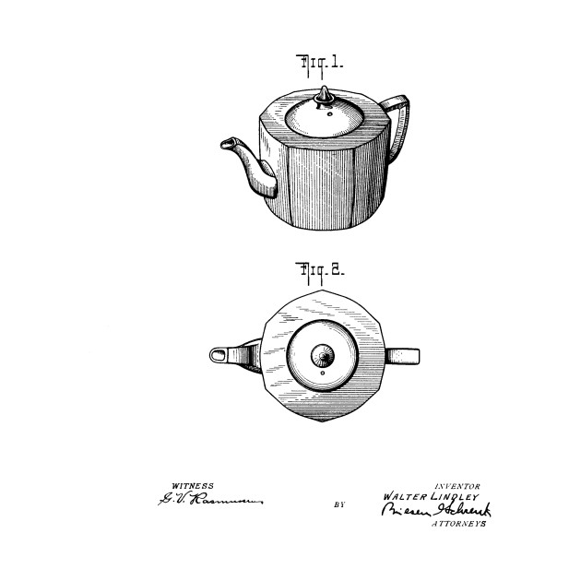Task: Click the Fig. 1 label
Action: [x=319, y=64]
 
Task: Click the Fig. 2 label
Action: [x=319, y=272]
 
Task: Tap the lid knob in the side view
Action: [x=325, y=95]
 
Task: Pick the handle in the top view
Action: [x=403, y=355]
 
